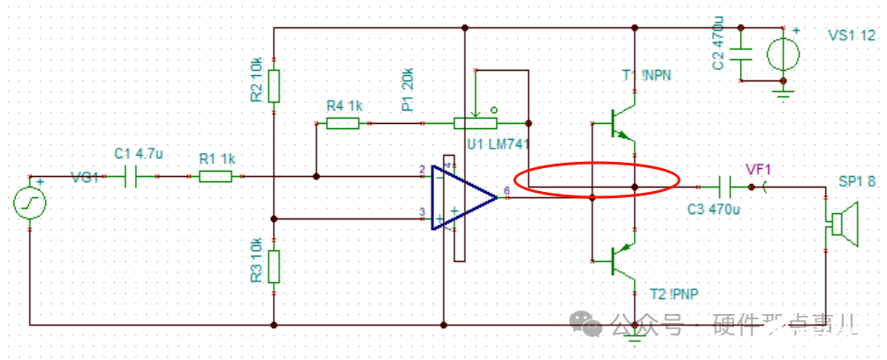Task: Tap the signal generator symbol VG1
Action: pos(30,203)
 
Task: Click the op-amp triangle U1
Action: pos(463,196)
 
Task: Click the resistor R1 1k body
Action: pos(215,177)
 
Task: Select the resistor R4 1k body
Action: pos(342,123)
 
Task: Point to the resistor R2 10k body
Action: pos(274,87)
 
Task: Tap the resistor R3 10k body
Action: pos(274,265)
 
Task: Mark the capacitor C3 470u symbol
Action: pos(724,188)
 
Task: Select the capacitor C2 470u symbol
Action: pos(741,52)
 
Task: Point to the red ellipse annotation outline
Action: pos(601,165)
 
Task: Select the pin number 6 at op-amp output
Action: pos(506,189)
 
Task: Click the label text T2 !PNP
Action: pos(676,295)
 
